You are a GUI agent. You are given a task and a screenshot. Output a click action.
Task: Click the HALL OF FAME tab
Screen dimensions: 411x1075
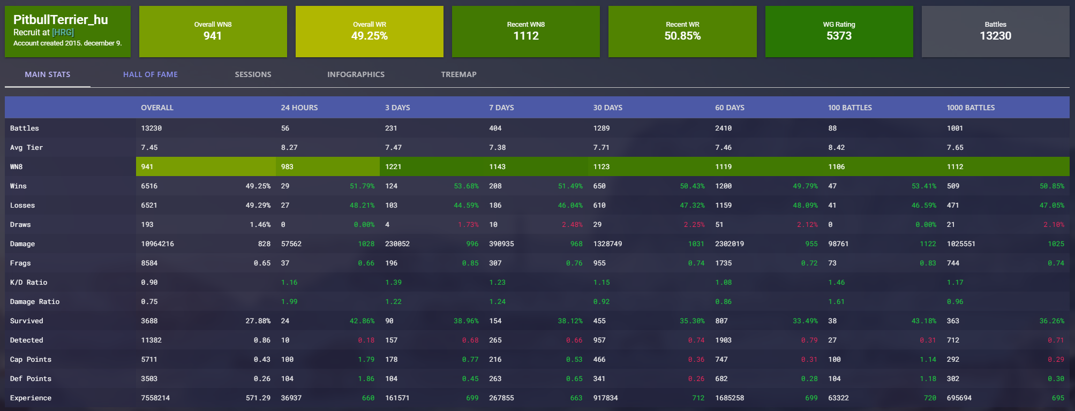[x=150, y=74]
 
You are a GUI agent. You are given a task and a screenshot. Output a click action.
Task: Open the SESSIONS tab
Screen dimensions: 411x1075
[x=253, y=74]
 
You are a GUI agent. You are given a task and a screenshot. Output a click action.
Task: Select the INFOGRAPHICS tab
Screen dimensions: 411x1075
[x=356, y=74]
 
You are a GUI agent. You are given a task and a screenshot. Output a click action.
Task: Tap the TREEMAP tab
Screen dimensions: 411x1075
[x=458, y=74]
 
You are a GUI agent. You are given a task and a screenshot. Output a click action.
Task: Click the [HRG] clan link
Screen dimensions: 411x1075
[x=63, y=32]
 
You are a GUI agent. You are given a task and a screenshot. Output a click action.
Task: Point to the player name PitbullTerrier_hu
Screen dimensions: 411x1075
[x=61, y=20]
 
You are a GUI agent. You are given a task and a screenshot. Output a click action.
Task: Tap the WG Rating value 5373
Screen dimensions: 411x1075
[x=839, y=36]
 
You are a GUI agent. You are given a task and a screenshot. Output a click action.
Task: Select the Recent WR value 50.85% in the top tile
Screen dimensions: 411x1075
[x=682, y=36]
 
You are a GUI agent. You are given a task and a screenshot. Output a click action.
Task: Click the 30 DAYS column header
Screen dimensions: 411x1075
[x=607, y=108]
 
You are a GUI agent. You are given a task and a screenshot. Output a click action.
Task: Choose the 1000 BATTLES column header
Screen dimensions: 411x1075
[x=970, y=108]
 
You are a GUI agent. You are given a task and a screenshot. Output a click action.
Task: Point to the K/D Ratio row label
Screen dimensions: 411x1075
[x=28, y=283]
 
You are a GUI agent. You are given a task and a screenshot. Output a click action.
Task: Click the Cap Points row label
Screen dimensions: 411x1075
[x=31, y=360]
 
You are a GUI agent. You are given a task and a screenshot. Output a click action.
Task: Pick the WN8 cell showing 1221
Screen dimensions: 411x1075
[x=393, y=167]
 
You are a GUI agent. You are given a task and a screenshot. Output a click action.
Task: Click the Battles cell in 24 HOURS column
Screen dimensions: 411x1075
[x=285, y=128]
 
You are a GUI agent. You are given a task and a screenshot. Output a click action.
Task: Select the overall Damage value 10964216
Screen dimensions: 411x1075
[x=157, y=244]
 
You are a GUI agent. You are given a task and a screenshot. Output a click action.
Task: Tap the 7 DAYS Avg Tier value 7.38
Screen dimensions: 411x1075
[x=497, y=148]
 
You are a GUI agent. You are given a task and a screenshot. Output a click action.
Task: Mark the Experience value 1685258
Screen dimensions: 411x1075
[x=730, y=398]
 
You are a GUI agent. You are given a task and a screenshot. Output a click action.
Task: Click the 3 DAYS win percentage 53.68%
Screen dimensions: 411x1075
[x=466, y=186]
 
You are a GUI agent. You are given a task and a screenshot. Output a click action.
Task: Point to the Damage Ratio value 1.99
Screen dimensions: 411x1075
[x=289, y=302]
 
